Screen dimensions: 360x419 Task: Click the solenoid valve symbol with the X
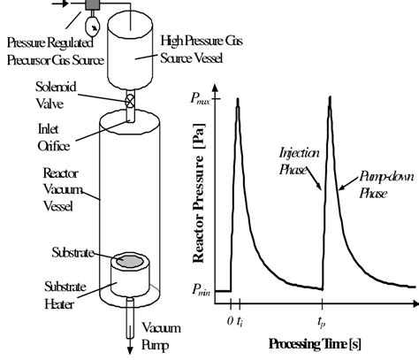(132, 102)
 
